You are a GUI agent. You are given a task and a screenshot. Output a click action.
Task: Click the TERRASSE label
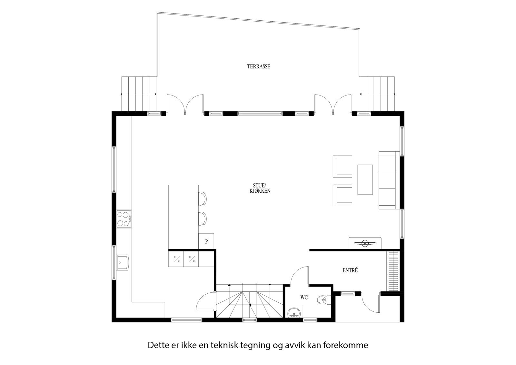[259, 67]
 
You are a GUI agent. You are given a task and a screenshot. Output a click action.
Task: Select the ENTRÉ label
[350, 270]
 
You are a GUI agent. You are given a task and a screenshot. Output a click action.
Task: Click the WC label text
[304, 298]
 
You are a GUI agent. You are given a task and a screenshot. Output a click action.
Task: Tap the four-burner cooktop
[124, 218]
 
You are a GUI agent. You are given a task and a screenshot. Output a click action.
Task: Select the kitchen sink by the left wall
[123, 262]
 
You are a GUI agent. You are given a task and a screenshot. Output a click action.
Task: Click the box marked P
[206, 241]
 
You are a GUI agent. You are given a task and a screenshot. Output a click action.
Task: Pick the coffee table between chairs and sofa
[365, 179]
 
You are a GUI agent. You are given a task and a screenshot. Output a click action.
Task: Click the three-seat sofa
[387, 180]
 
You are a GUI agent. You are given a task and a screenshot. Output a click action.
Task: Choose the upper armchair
[342, 166]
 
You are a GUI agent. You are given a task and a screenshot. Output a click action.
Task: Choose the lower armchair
[342, 195]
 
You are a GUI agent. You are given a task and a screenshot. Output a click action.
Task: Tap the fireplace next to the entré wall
[365, 243]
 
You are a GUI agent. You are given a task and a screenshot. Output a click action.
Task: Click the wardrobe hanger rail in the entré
[393, 271]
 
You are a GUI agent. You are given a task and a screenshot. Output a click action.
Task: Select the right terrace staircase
[377, 94]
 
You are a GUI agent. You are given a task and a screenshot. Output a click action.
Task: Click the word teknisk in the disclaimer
[224, 345]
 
